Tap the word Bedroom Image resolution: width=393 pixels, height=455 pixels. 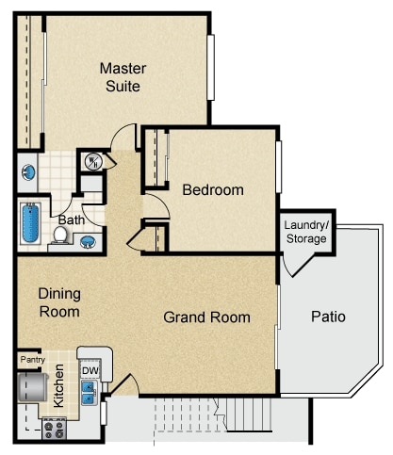[x=212, y=190]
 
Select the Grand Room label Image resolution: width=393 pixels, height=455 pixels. [x=206, y=317]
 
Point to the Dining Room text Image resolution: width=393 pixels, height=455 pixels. [x=58, y=301]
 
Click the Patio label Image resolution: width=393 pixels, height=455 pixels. [x=328, y=317]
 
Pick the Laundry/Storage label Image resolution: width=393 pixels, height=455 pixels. [x=306, y=232]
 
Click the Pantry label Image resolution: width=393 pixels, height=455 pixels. [x=32, y=359]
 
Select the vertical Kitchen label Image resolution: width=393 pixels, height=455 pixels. [x=58, y=385]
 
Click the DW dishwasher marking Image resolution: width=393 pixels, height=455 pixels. [x=90, y=371]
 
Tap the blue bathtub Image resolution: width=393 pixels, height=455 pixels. [x=29, y=223]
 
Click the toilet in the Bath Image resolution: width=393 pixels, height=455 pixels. [x=58, y=236]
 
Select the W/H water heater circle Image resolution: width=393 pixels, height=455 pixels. [x=92, y=161]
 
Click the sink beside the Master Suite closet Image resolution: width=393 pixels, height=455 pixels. [x=28, y=173]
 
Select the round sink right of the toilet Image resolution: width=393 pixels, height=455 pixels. [x=87, y=241]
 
